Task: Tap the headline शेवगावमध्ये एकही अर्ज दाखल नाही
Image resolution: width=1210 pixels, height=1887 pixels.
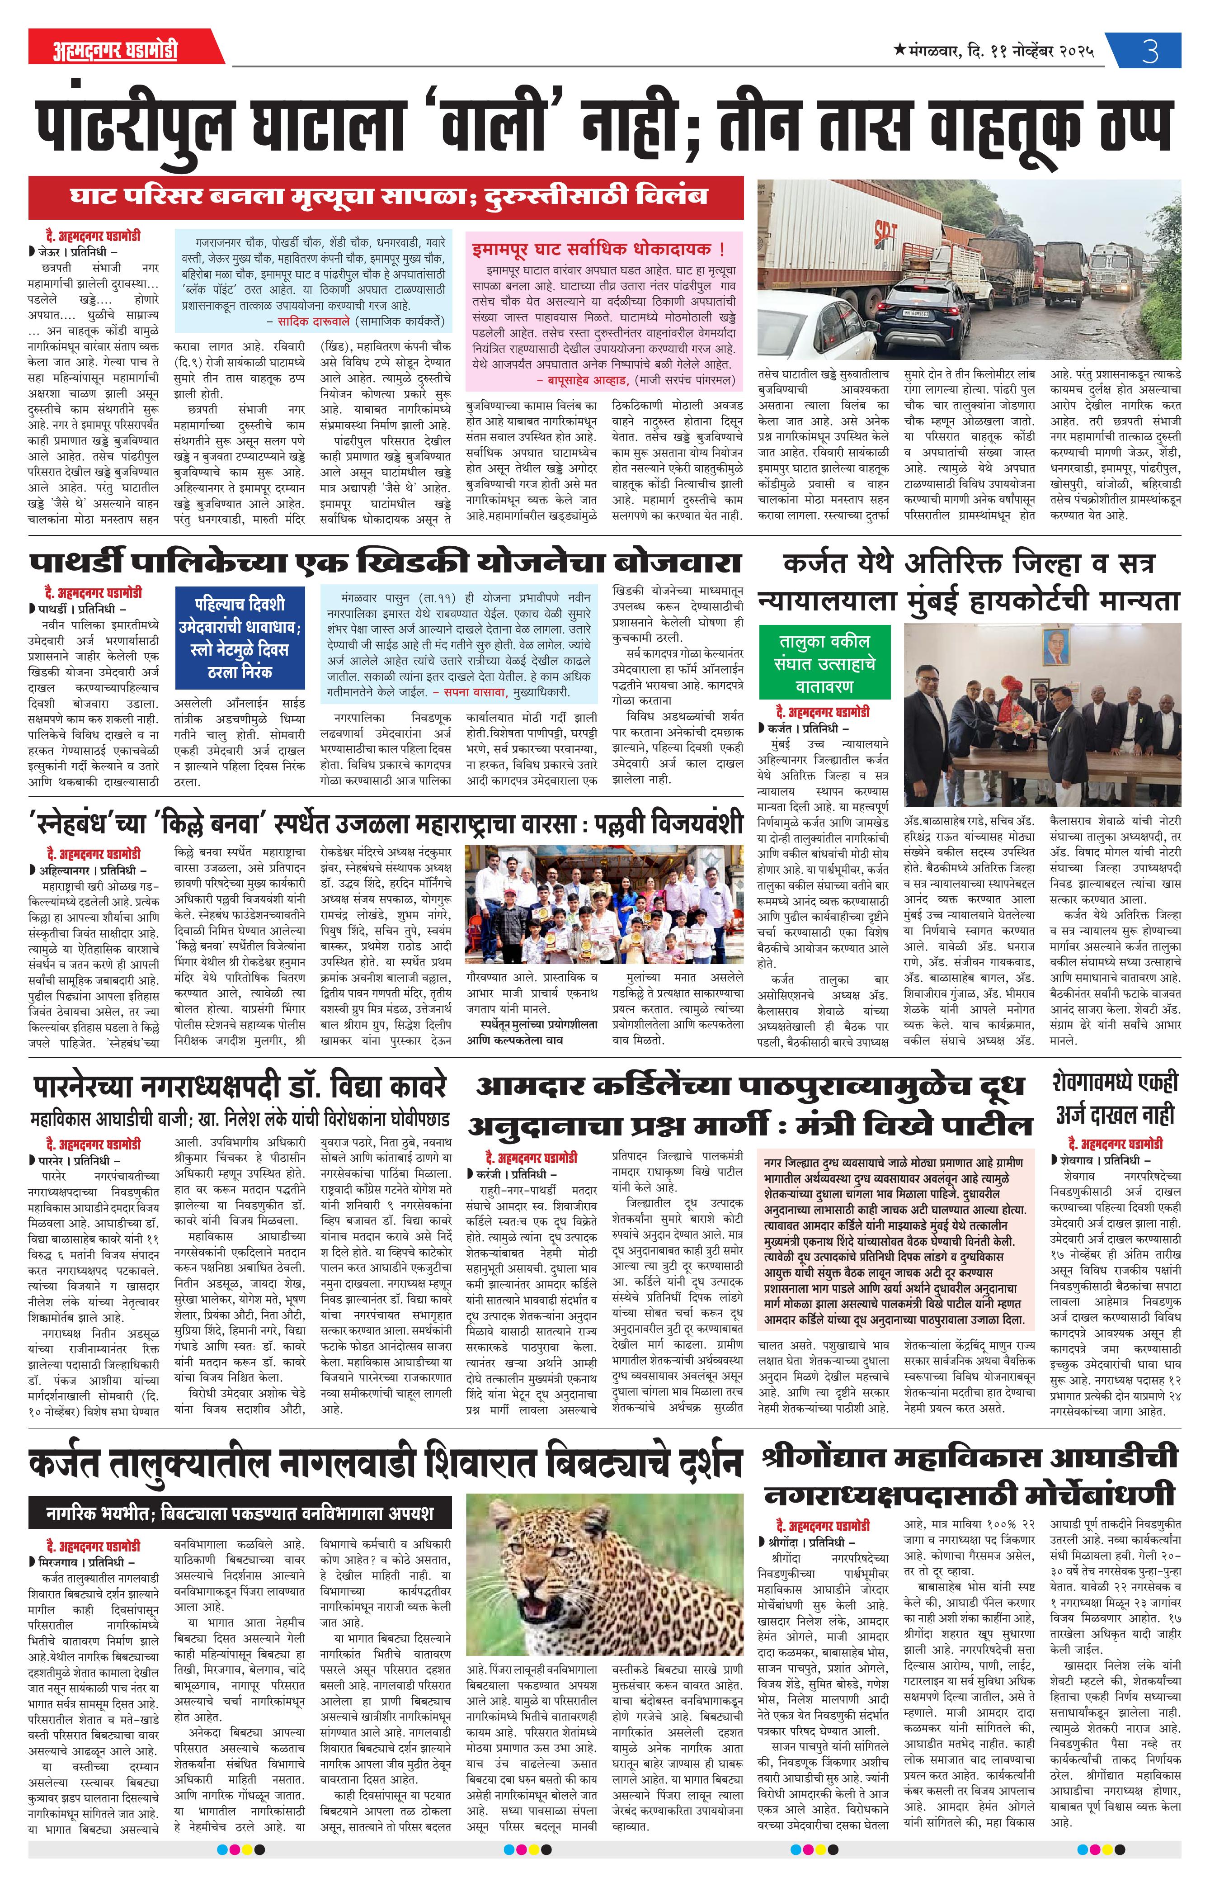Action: click(x=1115, y=1099)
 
